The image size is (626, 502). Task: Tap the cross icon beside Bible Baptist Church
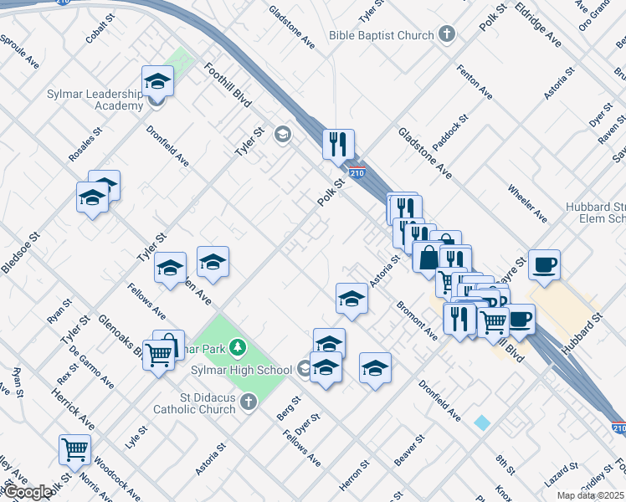(447, 35)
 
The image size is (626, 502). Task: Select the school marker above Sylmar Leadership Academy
(156, 82)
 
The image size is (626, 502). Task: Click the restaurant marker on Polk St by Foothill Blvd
(339, 144)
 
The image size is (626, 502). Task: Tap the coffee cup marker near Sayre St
(544, 265)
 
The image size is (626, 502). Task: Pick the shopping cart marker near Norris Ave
(74, 450)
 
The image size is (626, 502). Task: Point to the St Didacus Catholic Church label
(194, 403)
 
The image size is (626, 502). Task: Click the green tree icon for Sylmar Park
(239, 346)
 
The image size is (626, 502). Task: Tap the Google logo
(27, 492)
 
